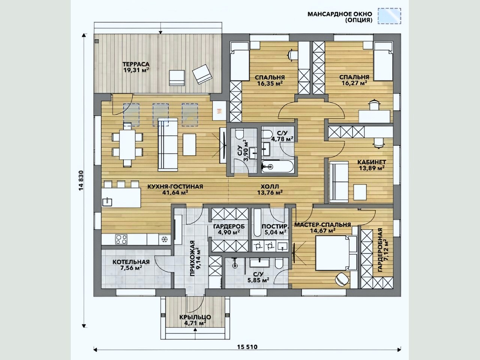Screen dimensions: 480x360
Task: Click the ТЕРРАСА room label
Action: [x=136, y=64]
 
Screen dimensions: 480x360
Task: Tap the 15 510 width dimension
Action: [x=247, y=347]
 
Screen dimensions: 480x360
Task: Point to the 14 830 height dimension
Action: [x=81, y=180]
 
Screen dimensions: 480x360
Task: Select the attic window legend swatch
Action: [x=390, y=16]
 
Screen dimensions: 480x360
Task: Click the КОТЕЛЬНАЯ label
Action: [x=131, y=262]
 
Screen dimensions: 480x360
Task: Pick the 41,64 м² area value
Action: [x=175, y=193]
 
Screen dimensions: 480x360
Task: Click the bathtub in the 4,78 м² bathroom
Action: [x=277, y=167]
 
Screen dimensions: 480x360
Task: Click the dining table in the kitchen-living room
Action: [x=127, y=144]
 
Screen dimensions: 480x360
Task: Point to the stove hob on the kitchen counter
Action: [x=121, y=239]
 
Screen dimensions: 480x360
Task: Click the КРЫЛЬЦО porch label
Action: [x=195, y=317]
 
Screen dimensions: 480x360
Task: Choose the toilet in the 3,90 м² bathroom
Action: [x=240, y=134]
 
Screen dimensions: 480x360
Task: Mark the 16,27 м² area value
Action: [x=354, y=83]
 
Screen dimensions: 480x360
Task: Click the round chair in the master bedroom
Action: [x=341, y=279]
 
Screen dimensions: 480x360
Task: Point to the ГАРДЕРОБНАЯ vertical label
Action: [x=380, y=250]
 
